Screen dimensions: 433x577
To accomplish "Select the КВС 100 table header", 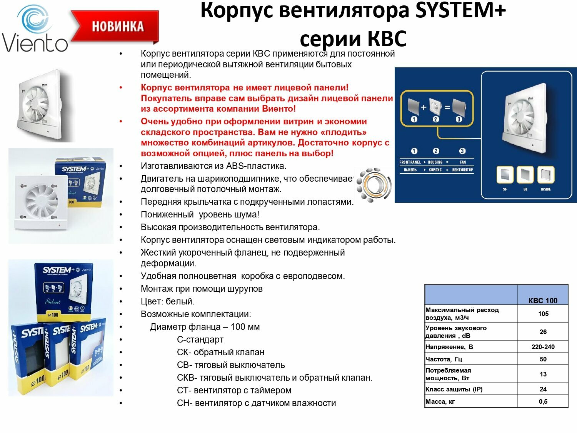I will point(543,301).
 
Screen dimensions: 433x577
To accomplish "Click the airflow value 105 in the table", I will point(543,314).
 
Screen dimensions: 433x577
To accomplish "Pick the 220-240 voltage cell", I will point(543,347).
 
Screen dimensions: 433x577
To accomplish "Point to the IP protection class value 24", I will point(543,389).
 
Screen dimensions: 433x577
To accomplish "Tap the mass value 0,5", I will point(543,401).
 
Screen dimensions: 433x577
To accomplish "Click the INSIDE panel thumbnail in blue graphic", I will point(545,175).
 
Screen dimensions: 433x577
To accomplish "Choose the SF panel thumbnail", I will point(505,175).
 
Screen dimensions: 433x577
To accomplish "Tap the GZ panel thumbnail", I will point(525,175).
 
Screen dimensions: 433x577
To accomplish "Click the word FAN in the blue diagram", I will point(462,162).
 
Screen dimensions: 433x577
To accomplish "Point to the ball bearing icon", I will point(372,185).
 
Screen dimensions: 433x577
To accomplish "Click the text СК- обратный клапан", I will point(220,352).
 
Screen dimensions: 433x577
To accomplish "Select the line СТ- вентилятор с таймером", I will point(234,390).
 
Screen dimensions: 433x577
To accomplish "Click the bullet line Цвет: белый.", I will point(167,301).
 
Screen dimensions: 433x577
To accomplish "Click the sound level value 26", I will point(543,332).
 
